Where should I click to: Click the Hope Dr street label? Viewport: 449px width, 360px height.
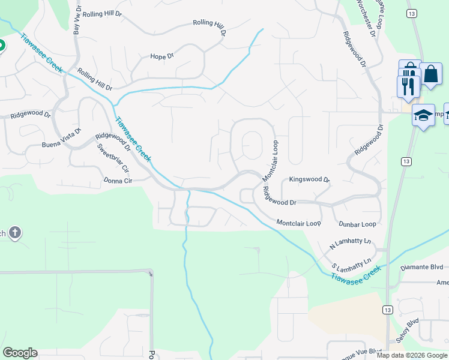pyautogui.click(x=161, y=56)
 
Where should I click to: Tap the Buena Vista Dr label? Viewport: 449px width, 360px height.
pyautogui.click(x=61, y=141)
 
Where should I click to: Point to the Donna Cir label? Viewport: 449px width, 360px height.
pyautogui.click(x=118, y=180)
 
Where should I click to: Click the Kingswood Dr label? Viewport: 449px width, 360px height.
pyautogui.click(x=309, y=179)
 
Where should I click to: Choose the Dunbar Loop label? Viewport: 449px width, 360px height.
pyautogui.click(x=357, y=224)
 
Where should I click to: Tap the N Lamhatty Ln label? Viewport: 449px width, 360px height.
pyautogui.click(x=351, y=245)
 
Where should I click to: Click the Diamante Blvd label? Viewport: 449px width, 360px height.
pyautogui.click(x=421, y=268)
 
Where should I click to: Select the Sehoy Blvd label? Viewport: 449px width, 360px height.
pyautogui.click(x=407, y=331)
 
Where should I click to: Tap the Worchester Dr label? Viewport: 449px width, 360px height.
pyautogui.click(x=366, y=19)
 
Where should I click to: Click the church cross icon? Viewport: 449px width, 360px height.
pyautogui.click(x=15, y=232)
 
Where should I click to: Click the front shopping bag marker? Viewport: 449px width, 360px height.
pyautogui.click(x=430, y=74)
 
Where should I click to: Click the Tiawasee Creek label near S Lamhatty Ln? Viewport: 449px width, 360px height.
pyautogui.click(x=356, y=275)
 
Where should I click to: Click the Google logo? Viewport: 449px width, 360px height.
pyautogui.click(x=20, y=353)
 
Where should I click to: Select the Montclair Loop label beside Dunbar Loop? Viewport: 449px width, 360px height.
pyautogui.click(x=299, y=223)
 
